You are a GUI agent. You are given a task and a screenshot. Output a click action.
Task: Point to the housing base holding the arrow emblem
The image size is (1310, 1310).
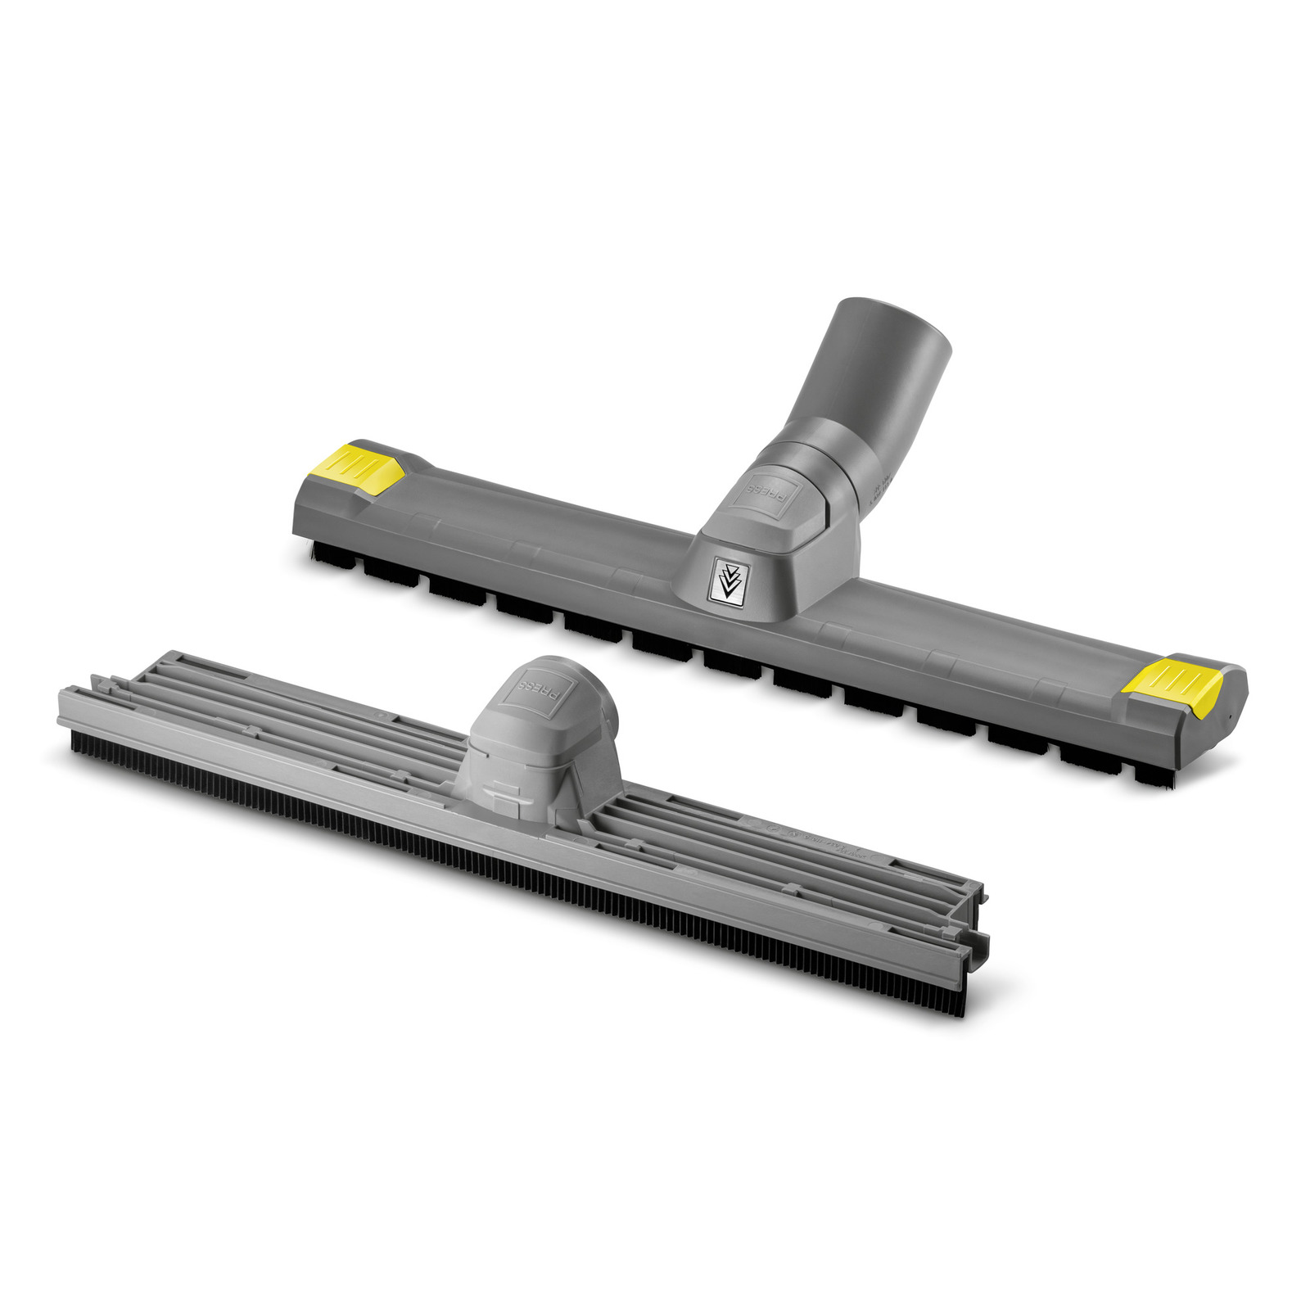point(761,573)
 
